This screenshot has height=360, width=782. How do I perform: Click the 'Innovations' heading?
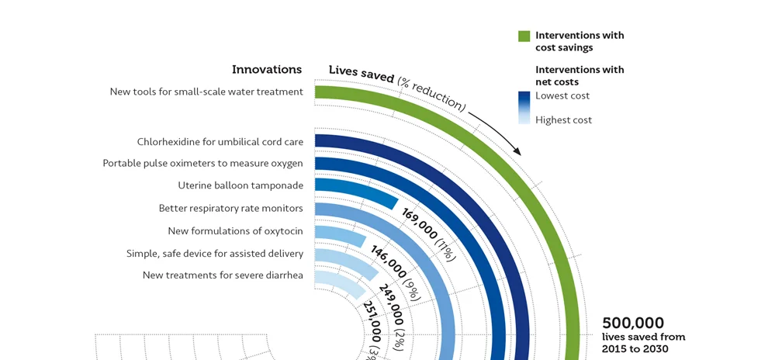coord(267,70)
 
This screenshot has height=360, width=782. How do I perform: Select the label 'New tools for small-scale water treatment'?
coord(206,92)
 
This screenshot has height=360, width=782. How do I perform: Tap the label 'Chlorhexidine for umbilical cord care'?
coord(220,142)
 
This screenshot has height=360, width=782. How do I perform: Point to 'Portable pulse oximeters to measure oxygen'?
coord(202,164)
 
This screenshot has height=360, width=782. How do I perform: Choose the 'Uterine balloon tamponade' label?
coord(240,185)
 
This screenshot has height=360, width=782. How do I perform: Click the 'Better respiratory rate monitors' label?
coord(230,208)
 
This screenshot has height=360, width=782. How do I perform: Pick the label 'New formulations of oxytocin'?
coord(235,231)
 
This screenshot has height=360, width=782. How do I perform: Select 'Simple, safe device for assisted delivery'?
coord(215,254)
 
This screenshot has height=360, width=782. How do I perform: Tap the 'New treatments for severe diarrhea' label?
coord(223,275)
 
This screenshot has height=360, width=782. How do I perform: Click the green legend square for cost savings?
coord(524,36)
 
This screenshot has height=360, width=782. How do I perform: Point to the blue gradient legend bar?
coord(524,108)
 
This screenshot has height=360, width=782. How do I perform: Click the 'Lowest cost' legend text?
coord(562,96)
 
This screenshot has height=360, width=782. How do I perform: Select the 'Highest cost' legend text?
coord(563,120)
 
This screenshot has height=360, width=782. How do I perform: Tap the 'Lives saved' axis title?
coord(362,71)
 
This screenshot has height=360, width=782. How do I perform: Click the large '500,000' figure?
coord(633,323)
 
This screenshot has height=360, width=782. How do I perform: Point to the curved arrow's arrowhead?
coord(517,151)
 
